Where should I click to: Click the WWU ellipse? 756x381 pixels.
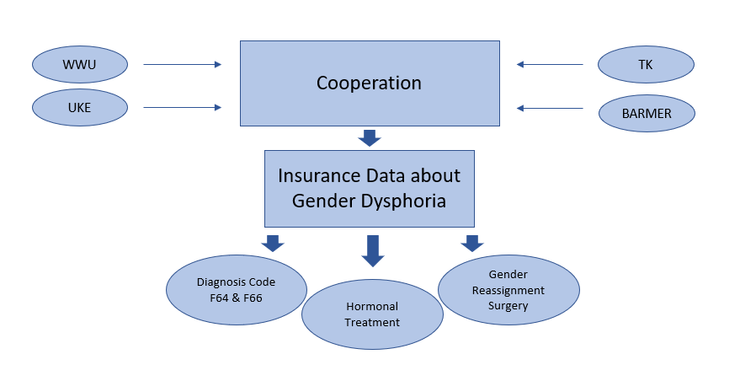(80, 64)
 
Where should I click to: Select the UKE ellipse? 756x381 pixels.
(80, 107)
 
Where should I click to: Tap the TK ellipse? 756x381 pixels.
(646, 64)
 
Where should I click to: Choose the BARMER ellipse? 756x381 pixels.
(647, 113)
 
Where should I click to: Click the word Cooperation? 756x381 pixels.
(370, 83)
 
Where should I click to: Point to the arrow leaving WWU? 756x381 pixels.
(183, 64)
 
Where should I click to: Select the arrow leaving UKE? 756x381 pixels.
(183, 107)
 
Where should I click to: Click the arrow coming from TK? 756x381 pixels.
(550, 64)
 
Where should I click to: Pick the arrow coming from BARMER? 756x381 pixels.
(550, 108)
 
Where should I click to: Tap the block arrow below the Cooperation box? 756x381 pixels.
(370, 138)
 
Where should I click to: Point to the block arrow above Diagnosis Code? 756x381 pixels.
(273, 244)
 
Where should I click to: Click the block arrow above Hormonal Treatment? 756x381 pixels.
(373, 251)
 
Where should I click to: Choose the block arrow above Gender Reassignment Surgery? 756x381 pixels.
(472, 244)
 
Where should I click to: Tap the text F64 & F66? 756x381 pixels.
(237, 298)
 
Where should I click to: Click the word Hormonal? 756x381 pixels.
(372, 306)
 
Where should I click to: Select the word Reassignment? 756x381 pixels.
(508, 291)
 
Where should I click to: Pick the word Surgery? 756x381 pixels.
(508, 306)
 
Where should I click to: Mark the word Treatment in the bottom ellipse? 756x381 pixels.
(372, 322)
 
